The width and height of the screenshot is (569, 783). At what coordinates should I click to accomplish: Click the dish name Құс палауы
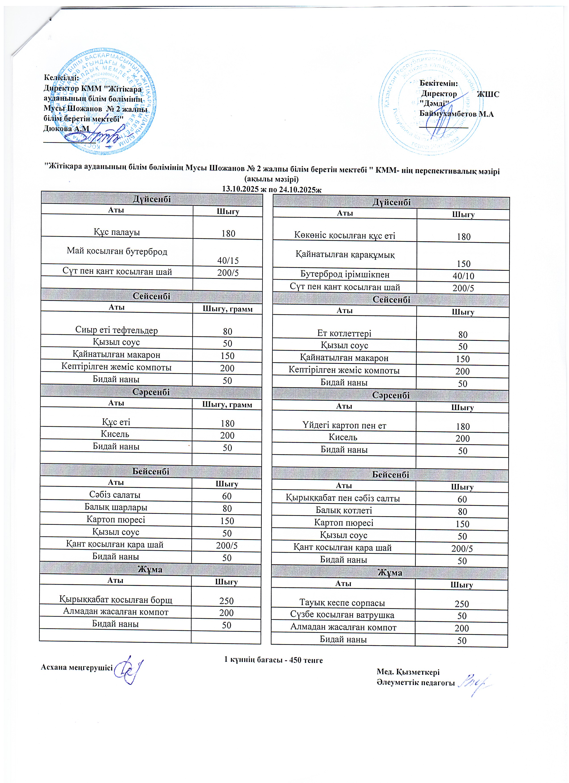[x=117, y=232]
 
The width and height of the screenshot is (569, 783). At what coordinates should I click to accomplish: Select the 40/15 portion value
[x=228, y=260]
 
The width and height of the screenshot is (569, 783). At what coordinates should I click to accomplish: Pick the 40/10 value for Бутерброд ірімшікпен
[x=463, y=276]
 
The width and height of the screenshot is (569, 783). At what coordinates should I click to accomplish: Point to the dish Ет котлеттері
[x=344, y=333]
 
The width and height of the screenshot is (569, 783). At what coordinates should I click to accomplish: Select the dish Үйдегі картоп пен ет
[x=344, y=426]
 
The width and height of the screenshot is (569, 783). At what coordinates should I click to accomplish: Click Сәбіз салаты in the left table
[x=115, y=495]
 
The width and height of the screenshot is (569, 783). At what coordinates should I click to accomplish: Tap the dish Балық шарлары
[x=116, y=507]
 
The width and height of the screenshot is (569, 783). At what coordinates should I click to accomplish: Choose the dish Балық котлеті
[x=344, y=510]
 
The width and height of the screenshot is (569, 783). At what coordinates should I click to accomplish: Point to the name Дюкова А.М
[x=66, y=128]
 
